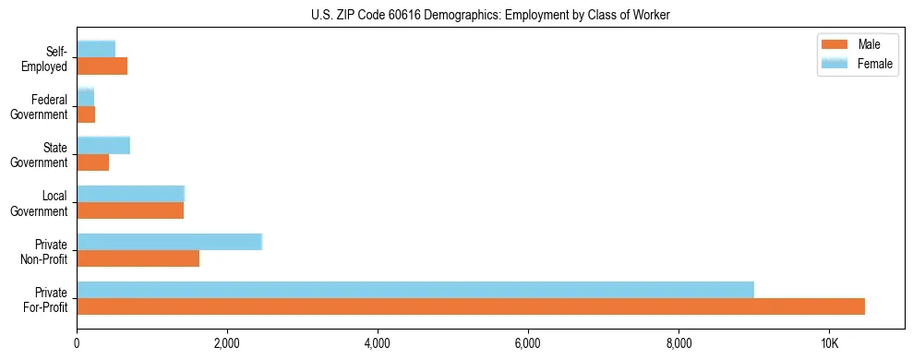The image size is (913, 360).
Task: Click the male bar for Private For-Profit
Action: [x=471, y=306]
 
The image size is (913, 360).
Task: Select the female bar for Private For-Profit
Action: [x=415, y=290]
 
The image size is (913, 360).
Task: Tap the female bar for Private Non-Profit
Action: [x=170, y=242]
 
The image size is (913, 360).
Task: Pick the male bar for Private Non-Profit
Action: [x=138, y=258]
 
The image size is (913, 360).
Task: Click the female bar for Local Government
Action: [x=131, y=194]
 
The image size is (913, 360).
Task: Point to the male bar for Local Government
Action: [x=130, y=210]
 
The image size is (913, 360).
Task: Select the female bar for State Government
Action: [x=103, y=145]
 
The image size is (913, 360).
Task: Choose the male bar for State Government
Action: [x=93, y=162]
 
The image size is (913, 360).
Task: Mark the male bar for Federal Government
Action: [x=86, y=114]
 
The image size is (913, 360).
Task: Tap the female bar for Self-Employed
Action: [x=96, y=49]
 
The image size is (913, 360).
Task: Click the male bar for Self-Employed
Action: [x=102, y=66]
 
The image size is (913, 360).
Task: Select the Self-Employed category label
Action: [x=47, y=58]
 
